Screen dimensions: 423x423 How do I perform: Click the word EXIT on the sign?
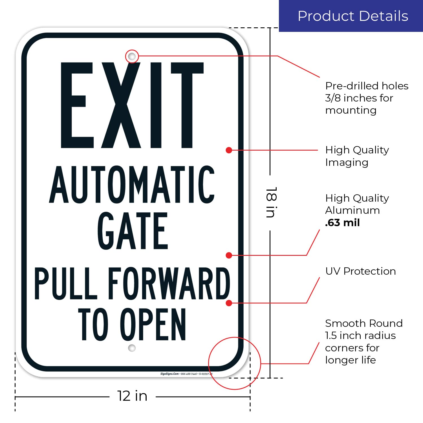[x=132, y=105]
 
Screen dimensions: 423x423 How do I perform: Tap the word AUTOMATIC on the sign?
[x=132, y=185]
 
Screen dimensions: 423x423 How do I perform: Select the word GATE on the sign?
[x=133, y=231]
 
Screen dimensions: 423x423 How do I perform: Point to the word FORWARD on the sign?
[x=169, y=283]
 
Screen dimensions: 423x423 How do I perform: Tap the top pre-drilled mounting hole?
[x=132, y=56]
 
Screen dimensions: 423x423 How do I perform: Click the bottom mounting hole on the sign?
[x=132, y=348]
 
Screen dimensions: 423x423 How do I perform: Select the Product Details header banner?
[x=351, y=16]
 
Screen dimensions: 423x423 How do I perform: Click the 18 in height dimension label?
[x=271, y=202]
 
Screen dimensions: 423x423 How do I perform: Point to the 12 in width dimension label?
[x=132, y=396]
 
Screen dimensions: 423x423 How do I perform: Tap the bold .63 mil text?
[x=342, y=223]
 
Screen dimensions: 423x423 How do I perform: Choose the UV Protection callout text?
[x=360, y=271]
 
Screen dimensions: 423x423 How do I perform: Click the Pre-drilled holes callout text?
[x=367, y=98]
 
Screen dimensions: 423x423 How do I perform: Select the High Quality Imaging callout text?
[x=357, y=156]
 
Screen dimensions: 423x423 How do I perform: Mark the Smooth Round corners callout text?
[x=363, y=342]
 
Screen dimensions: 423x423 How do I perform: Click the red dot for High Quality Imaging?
[x=229, y=150]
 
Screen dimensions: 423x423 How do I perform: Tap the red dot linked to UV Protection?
[x=229, y=303]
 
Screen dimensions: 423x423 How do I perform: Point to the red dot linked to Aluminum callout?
[x=229, y=255]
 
